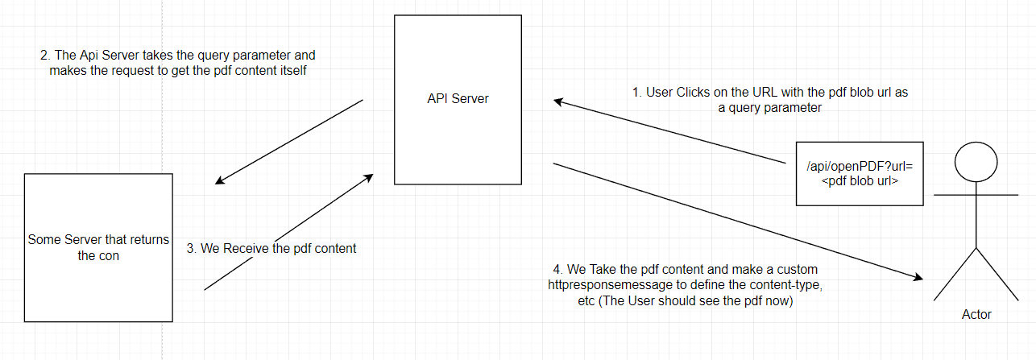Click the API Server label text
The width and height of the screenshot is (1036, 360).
[x=458, y=98]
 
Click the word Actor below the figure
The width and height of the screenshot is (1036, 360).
[x=976, y=314]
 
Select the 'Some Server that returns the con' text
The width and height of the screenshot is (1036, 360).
[x=98, y=247]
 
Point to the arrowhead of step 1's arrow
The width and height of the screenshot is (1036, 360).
[x=558, y=101]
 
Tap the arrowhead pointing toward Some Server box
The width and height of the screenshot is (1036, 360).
[x=220, y=180]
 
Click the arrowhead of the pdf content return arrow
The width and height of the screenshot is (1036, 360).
[x=369, y=177]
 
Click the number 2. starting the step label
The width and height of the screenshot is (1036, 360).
[x=45, y=56]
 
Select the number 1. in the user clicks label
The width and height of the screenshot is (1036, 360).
[x=637, y=93]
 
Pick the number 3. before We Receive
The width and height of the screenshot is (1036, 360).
[x=192, y=249]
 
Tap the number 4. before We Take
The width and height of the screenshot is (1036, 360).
[x=557, y=270]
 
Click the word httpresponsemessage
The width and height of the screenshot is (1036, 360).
[x=610, y=284]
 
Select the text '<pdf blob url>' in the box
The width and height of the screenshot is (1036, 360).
[x=860, y=180]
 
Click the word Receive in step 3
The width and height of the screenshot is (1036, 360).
[x=246, y=249]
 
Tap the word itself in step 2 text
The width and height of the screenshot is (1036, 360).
[x=292, y=71]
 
